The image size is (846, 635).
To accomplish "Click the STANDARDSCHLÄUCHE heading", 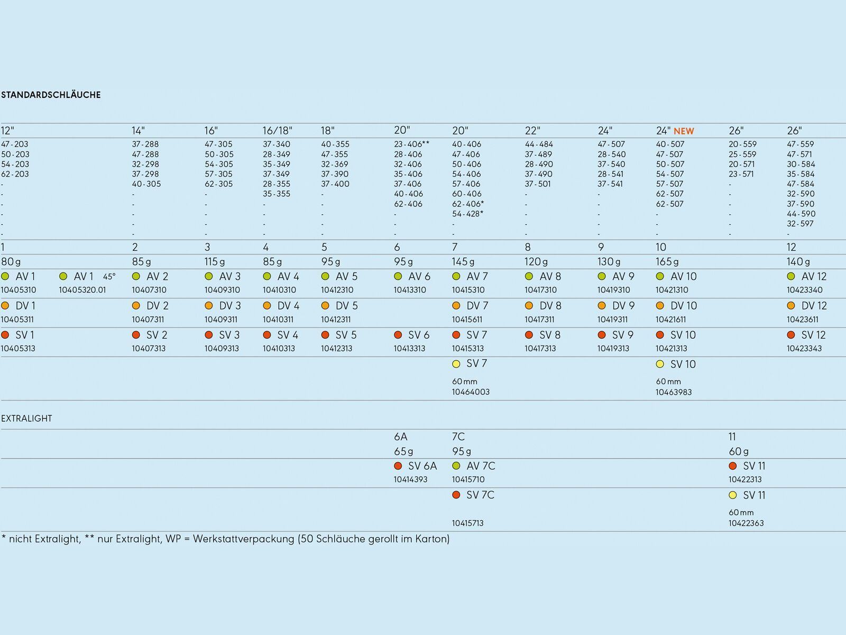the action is pos(51,95).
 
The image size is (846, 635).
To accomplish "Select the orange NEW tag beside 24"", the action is pos(684,131).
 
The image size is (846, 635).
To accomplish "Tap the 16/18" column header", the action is pos(278,131).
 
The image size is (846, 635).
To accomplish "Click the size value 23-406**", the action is pos(411,144).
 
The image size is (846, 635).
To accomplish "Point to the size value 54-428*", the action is pos(467,214).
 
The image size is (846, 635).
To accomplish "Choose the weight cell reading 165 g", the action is pos(667,262).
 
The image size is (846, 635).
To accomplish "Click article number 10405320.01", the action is pos(82,290).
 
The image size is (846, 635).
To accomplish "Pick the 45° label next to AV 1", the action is pos(109,276).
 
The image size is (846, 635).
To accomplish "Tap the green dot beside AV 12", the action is pos(791,276).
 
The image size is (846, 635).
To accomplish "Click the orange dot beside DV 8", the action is pos(529,306).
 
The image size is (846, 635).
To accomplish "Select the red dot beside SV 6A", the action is pos(398,466).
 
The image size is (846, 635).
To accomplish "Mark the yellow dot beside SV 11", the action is pos(733,495).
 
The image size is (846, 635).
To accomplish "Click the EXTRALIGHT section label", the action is pos(26,419).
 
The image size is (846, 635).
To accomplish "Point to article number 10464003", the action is pos(471,392).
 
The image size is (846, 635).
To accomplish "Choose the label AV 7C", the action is pos(481,466).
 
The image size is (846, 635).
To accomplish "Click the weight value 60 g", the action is pos(739,451).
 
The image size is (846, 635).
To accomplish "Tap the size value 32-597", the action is pos(800,224).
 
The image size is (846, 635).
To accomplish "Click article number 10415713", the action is pos(467,523).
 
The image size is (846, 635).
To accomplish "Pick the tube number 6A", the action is pos(400,437).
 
